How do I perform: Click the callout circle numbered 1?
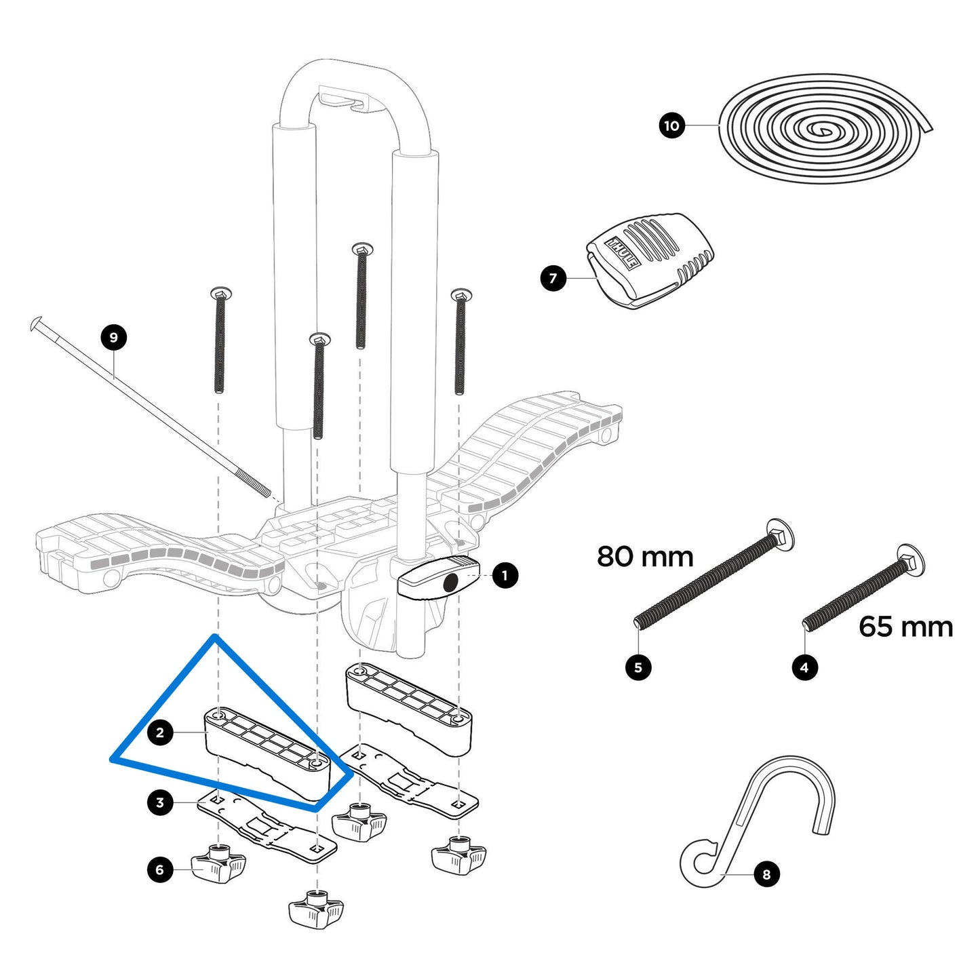pos(504,576)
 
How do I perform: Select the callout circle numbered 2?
pos(160,732)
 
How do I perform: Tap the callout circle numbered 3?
pos(160,803)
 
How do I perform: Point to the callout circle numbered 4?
pos(804,667)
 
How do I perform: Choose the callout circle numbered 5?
pos(638,667)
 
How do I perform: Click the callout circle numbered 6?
pos(160,870)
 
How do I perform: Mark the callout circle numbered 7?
pos(553,278)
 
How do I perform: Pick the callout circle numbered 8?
pos(766,874)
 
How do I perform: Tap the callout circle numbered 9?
pos(113,338)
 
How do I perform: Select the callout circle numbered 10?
pos(671,125)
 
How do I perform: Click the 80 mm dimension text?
pos(645,557)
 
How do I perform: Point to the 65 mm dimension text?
pos(905,627)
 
